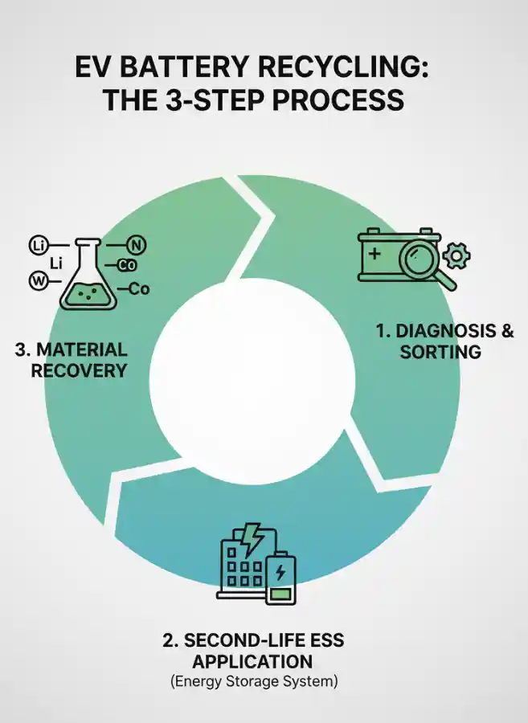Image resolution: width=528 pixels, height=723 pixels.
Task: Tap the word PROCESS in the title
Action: [340, 100]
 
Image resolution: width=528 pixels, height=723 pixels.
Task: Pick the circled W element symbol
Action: [38, 280]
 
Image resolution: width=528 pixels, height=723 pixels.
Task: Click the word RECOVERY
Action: [79, 370]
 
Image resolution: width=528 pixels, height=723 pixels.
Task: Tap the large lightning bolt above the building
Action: [255, 539]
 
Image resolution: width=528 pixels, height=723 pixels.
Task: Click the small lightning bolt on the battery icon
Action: [280, 572]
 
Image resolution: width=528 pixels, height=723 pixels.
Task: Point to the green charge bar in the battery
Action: [280, 594]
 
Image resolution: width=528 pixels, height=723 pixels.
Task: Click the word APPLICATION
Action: [253, 661]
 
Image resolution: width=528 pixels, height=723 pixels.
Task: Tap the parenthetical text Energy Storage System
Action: [253, 682]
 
